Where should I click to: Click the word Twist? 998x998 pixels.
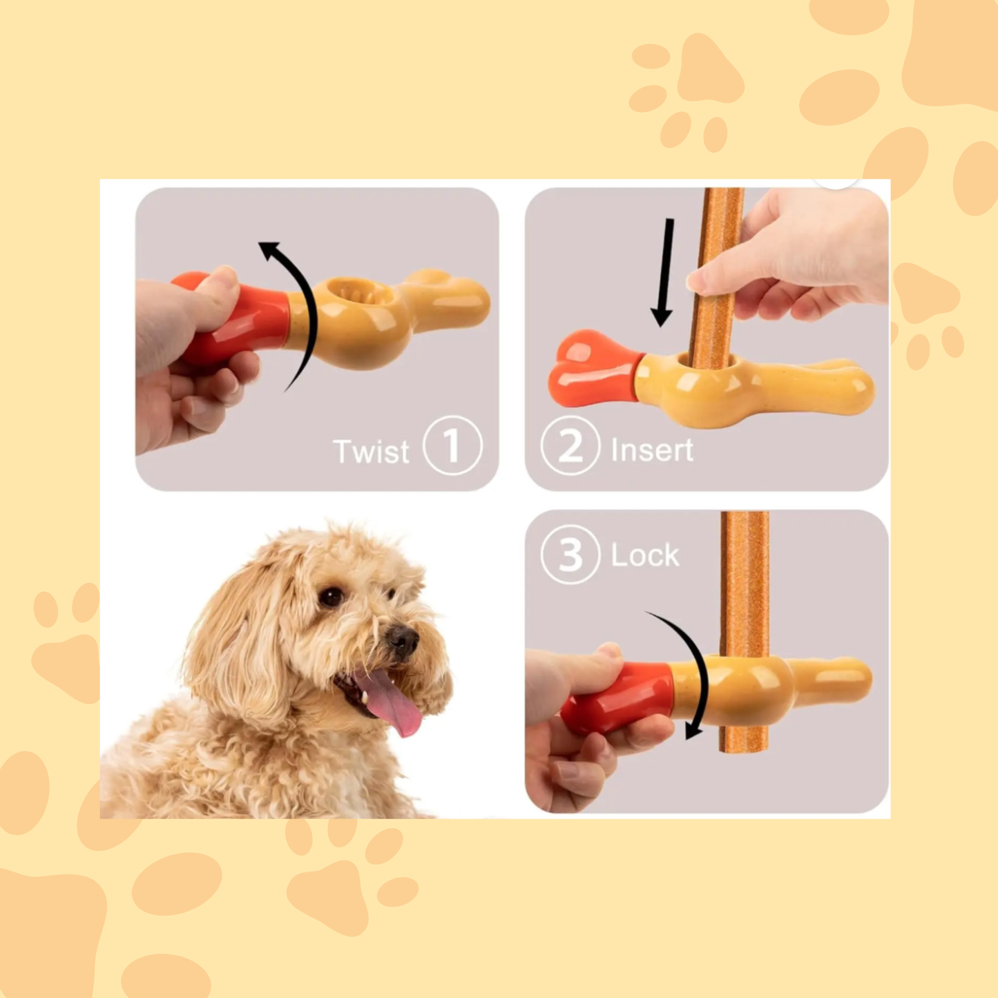point(371,452)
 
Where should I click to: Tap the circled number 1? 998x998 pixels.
point(452,445)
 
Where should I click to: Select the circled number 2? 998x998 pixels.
point(570,446)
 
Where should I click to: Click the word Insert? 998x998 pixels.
point(651,450)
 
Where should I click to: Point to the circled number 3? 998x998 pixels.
point(570,555)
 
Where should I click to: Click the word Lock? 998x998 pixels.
point(645,555)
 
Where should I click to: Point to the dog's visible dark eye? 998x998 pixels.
point(332,597)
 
